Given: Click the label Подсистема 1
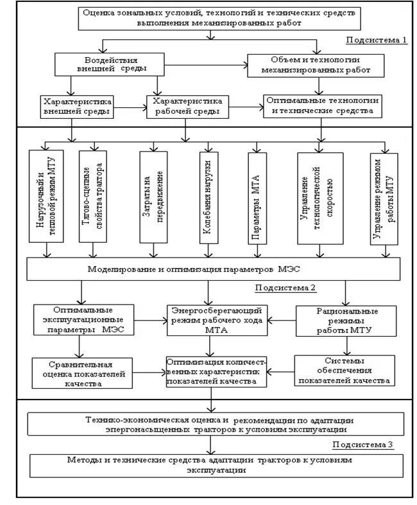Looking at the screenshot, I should (x=377, y=40).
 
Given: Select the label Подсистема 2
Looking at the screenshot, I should (x=285, y=287).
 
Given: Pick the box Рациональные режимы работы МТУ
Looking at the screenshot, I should (x=346, y=320).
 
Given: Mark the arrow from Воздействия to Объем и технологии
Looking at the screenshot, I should (x=199, y=64).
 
